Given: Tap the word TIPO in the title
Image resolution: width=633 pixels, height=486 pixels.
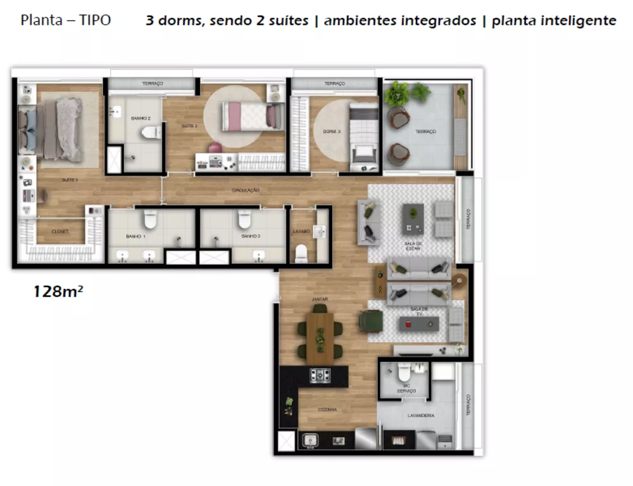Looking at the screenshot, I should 95,20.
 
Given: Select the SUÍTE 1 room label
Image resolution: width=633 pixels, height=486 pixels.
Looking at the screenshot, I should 70,181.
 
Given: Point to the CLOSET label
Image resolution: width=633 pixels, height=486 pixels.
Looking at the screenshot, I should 61,232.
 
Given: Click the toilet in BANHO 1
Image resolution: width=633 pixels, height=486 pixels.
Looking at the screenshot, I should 150,219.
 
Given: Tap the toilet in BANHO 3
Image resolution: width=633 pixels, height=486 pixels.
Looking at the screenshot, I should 244,219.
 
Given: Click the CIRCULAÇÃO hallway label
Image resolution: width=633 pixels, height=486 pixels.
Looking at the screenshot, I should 246,190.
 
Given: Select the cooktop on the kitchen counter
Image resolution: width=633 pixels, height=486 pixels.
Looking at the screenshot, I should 320,375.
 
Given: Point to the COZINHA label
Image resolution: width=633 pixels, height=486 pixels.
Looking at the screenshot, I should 327,410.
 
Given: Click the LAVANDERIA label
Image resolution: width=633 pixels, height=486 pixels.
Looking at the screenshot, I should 421,416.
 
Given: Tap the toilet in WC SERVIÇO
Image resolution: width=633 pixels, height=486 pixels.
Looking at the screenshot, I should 404,374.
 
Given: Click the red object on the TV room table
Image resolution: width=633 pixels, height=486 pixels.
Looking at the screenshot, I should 408,324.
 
